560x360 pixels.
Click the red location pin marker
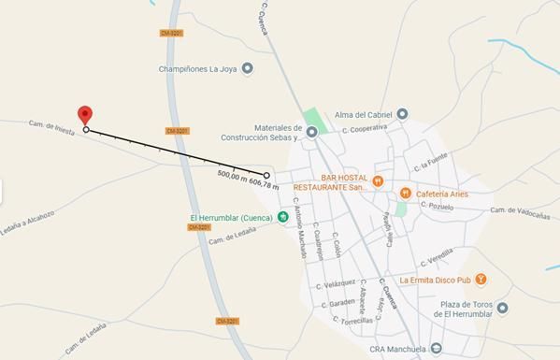click(85, 116)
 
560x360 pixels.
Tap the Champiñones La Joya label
click(199, 67)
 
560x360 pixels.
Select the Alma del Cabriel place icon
click(402, 113)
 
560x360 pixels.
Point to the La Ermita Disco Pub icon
click(480, 279)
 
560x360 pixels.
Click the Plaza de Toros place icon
click(503, 308)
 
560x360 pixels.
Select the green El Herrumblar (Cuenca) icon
click(281, 218)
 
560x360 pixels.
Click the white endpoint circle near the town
click(266, 175)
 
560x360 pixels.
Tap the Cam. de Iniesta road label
click(50, 123)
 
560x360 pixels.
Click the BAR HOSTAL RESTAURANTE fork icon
click(378, 180)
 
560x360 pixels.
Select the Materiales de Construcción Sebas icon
click(313, 132)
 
